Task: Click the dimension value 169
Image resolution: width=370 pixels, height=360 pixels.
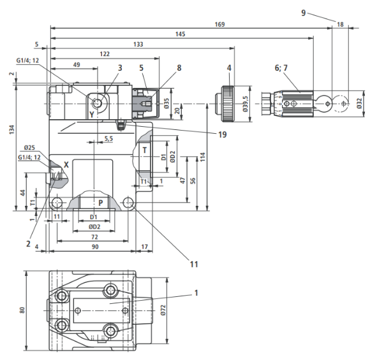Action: [219, 24]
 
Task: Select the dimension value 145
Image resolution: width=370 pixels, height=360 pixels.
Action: [181, 34]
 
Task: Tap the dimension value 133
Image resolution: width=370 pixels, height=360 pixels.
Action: [138, 45]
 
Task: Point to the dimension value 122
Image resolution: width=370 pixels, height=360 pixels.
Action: [105, 54]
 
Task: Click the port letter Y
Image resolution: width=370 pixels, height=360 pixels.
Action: [92, 115]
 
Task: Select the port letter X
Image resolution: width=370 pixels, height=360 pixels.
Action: [66, 164]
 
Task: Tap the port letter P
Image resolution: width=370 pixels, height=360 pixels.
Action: [101, 203]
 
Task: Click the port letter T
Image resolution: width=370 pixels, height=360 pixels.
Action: [145, 150]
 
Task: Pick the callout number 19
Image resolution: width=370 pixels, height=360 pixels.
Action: [222, 134]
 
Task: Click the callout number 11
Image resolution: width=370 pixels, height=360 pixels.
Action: [194, 264]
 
